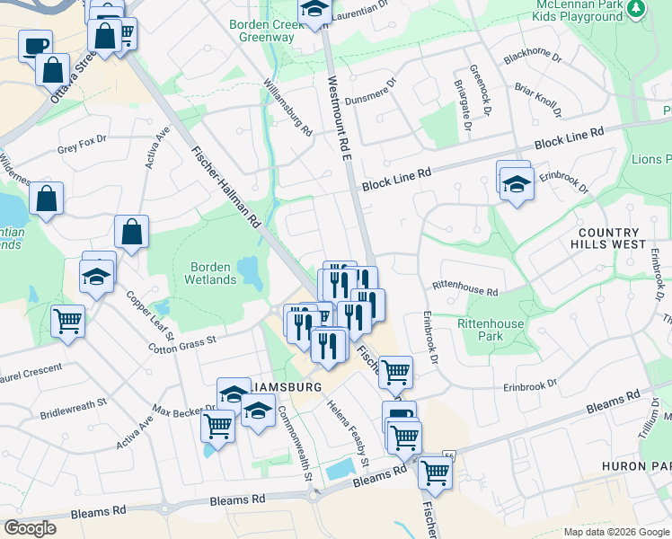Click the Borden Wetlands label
click(x=213, y=273)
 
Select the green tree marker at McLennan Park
click(x=636, y=9)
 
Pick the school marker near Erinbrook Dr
click(x=517, y=187)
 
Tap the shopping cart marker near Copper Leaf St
click(x=67, y=321)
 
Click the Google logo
click(x=30, y=528)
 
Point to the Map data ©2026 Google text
click(x=615, y=532)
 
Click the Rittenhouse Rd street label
click(x=464, y=291)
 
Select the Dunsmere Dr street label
click(x=358, y=95)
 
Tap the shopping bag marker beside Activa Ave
click(x=131, y=233)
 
